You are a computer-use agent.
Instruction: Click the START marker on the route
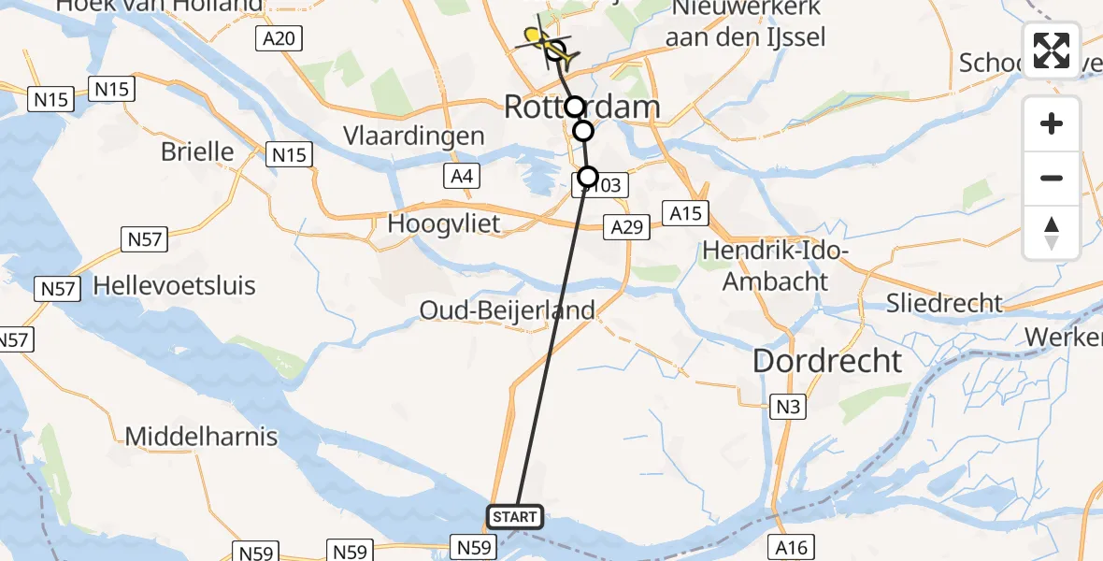(x=514, y=516)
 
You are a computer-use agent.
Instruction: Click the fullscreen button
(x=1052, y=50)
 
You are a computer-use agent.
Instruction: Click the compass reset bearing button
(x=1052, y=232)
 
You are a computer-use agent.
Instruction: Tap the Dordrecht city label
(x=827, y=361)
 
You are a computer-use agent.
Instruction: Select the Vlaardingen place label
(x=413, y=136)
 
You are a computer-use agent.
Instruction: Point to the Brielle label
(x=197, y=151)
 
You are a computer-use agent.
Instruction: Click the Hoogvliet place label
(x=444, y=224)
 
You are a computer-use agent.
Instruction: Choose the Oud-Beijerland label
(x=508, y=310)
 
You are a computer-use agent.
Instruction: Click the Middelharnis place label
(x=201, y=436)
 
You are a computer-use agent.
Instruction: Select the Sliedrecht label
(x=944, y=303)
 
